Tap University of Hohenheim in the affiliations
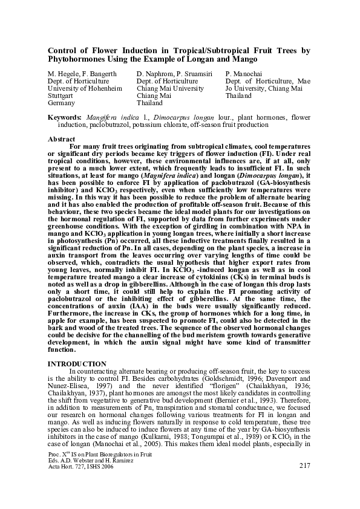(80, 88)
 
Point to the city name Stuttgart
(60, 96)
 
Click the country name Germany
(61, 103)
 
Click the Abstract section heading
(61, 139)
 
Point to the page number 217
(305, 465)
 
